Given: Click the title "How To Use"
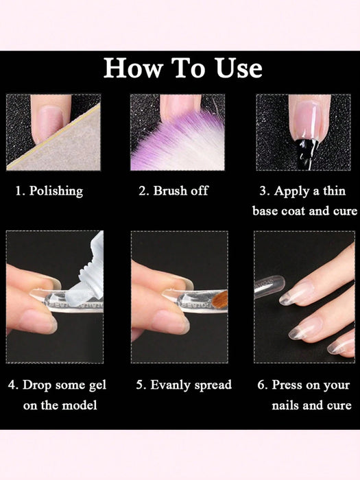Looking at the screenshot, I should point(182,69).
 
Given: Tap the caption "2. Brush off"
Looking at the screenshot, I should point(173,191).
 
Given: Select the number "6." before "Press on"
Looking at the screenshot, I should point(263,385).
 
